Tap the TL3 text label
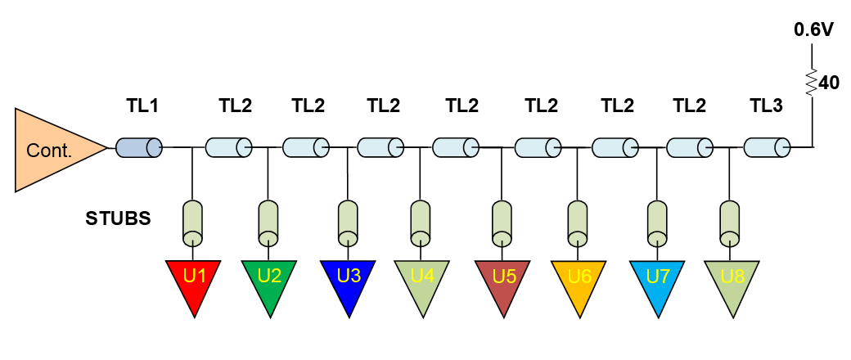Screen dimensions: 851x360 [767, 106]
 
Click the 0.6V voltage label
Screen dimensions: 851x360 [813, 30]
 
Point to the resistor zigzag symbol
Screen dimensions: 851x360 [812, 82]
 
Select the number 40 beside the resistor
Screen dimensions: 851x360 [827, 83]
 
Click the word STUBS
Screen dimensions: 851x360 [119, 218]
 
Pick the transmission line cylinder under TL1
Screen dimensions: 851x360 [139, 147]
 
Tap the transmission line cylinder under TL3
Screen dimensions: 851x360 [767, 147]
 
